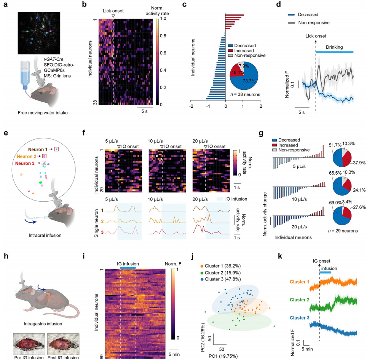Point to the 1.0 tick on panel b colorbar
point(167,18)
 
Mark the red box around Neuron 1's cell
point(57,149)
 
